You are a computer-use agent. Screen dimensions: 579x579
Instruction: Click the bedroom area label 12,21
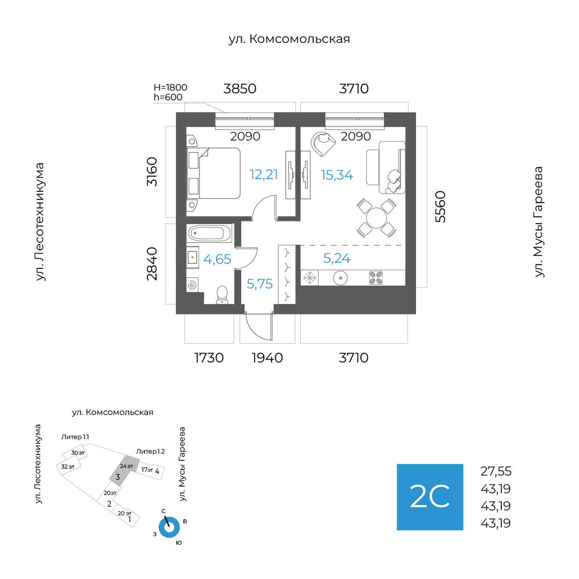tap(264, 174)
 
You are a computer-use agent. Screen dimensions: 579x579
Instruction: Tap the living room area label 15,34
tap(337, 175)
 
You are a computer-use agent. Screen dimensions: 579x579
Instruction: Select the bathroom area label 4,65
tap(217, 259)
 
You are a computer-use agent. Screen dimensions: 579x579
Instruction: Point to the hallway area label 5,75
tap(259, 284)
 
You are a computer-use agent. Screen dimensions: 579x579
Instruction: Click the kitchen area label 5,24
tap(337, 258)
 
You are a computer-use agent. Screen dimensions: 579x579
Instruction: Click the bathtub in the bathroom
tap(209, 233)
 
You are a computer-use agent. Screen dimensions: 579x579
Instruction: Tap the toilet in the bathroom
tap(222, 294)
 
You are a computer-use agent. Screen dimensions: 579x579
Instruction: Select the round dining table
tap(376, 218)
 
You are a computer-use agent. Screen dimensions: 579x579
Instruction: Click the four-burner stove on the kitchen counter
tap(376, 278)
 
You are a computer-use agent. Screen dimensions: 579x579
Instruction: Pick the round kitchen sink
tap(340, 278)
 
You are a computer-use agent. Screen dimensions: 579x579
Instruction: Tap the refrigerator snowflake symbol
tap(309, 278)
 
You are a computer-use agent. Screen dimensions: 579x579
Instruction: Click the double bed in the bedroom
tap(214, 173)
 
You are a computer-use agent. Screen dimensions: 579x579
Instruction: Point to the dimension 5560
tap(441, 207)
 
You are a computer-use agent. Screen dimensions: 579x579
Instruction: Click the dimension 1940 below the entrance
tap(267, 358)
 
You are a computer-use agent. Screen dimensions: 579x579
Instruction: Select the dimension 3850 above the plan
tap(240, 88)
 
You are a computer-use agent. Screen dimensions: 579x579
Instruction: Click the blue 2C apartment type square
tap(430, 497)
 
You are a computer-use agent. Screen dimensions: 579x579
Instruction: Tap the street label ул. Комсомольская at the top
tap(289, 39)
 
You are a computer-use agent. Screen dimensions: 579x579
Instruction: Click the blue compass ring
tap(169, 528)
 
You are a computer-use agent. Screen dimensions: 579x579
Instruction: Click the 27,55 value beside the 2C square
tap(496, 471)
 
